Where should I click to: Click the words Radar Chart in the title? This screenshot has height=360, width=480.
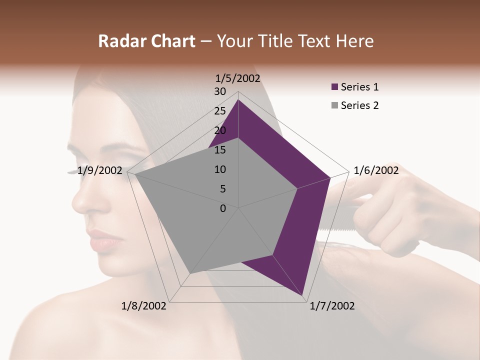pyautogui.click(x=146, y=41)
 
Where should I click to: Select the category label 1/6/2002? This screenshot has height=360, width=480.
pyautogui.click(x=376, y=170)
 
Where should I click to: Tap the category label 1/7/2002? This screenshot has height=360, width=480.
pyautogui.click(x=332, y=306)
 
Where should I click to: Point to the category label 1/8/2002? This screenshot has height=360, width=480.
pyautogui.click(x=144, y=306)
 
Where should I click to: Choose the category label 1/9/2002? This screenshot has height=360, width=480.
pyautogui.click(x=100, y=170)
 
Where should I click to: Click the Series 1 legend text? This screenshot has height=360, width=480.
pyautogui.click(x=359, y=87)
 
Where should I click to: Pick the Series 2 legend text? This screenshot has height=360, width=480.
pyautogui.click(x=359, y=105)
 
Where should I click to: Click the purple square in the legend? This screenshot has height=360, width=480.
pyautogui.click(x=334, y=87)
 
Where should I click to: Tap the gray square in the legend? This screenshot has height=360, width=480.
pyautogui.click(x=334, y=105)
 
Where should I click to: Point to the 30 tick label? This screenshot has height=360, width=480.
pyautogui.click(x=220, y=91)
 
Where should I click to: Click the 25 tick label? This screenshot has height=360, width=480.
pyautogui.click(x=220, y=111)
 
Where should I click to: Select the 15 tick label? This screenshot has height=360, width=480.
pyautogui.click(x=220, y=150)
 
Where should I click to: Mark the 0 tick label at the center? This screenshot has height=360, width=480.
pyautogui.click(x=223, y=208)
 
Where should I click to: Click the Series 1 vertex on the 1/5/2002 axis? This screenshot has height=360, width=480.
pyautogui.click(x=238, y=99)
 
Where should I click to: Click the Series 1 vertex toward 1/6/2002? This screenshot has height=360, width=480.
pyautogui.click(x=330, y=177)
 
